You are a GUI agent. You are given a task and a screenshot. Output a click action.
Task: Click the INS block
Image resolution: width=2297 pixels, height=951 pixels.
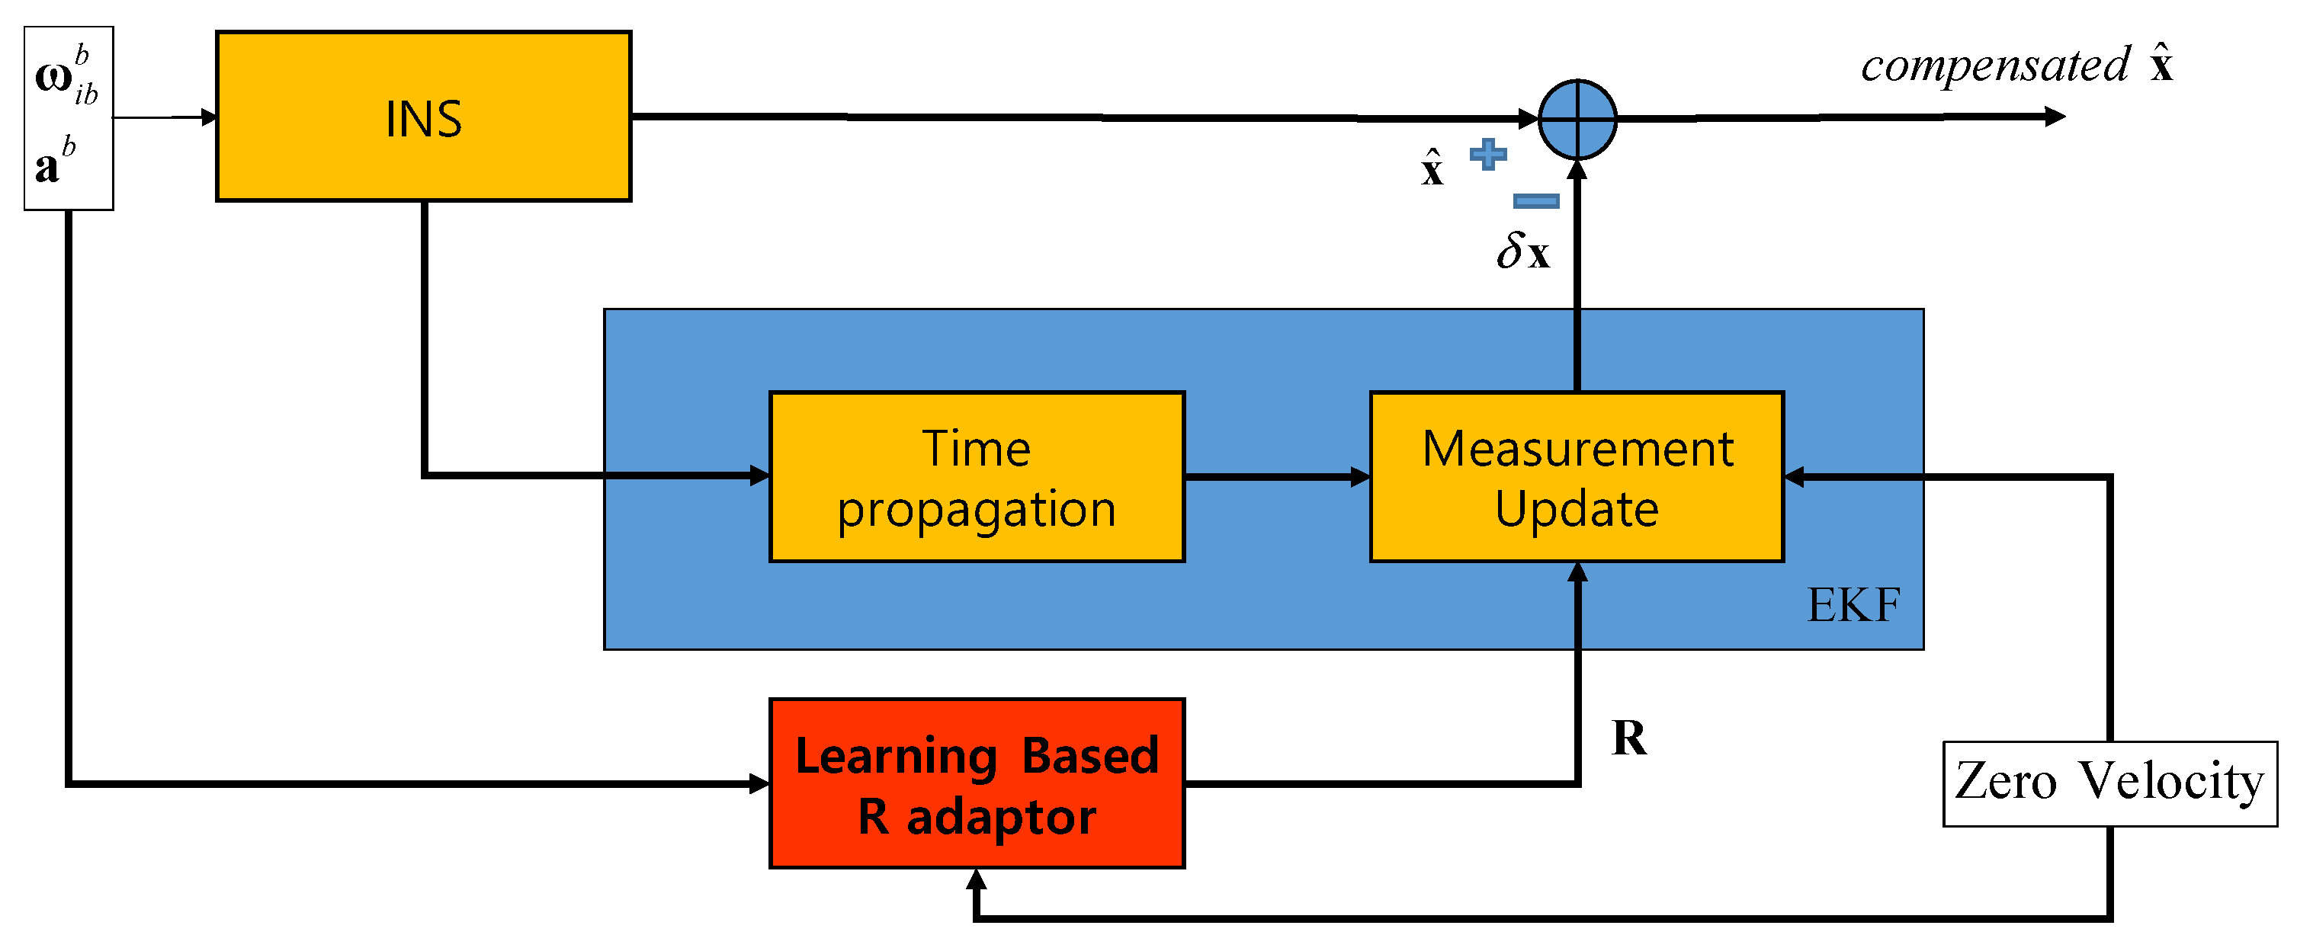pos(424,117)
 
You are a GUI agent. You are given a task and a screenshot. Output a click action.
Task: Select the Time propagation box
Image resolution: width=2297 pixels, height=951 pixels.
pos(977,477)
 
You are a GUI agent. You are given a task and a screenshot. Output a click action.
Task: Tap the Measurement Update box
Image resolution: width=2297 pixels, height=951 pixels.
pos(1577,477)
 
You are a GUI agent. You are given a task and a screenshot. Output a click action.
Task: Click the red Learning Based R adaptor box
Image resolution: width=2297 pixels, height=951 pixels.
pos(977,783)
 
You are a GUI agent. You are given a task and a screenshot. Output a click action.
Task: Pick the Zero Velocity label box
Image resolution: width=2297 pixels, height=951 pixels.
pos(2109,783)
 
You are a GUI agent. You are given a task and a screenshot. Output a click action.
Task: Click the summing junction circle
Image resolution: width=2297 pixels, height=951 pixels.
pos(1577,119)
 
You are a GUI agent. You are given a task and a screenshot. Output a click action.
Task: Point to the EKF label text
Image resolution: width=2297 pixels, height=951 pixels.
pos(1853,605)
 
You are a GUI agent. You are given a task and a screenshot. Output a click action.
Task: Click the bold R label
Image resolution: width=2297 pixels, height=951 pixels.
pos(1629,738)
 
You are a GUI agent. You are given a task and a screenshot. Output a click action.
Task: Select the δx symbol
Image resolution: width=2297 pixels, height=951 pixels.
pos(1523,251)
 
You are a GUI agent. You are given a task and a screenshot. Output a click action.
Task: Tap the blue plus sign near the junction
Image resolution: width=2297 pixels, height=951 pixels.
pos(1488,154)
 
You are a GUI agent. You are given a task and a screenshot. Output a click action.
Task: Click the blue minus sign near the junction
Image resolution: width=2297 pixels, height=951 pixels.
pos(1536,200)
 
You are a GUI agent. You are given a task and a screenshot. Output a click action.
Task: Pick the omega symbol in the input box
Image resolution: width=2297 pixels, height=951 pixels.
pos(54,77)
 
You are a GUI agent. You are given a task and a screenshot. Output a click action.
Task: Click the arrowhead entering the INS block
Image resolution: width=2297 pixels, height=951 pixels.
pos(210,117)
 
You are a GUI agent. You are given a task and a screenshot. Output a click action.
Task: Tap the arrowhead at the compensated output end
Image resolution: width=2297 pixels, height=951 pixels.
pos(2055,117)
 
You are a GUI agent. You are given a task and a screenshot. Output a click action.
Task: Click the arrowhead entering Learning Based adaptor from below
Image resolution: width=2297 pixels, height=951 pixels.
pos(977,879)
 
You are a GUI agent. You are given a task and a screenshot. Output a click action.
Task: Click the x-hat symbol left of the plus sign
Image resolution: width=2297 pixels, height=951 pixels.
pos(1432,168)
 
